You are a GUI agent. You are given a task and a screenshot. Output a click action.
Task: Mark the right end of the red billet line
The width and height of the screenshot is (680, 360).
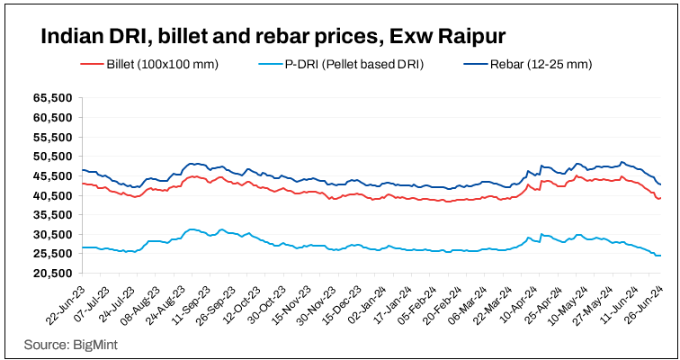tap(660, 198)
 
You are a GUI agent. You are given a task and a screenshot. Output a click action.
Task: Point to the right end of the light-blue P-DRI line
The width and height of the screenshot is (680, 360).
tap(660, 256)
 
